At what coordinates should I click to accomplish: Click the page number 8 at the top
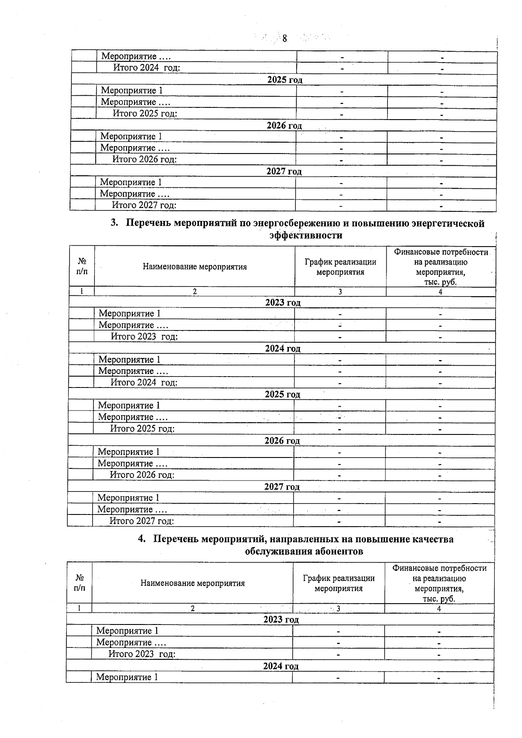pyautogui.click(x=284, y=39)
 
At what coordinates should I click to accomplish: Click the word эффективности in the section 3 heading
pyautogui.click(x=305, y=235)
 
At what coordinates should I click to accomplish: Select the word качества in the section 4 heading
pyautogui.click(x=432, y=539)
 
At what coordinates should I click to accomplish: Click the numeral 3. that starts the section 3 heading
pyautogui.click(x=114, y=223)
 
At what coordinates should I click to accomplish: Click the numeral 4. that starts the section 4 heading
pyautogui.click(x=142, y=539)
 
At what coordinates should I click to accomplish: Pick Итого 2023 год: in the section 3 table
pyautogui.click(x=144, y=337)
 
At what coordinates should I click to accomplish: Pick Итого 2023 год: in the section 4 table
pyautogui.click(x=142, y=654)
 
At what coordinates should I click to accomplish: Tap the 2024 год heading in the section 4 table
pyautogui.click(x=281, y=666)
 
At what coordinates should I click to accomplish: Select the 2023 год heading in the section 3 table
pyautogui.click(x=283, y=303)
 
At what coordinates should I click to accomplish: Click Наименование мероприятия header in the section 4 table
pyautogui.click(x=192, y=584)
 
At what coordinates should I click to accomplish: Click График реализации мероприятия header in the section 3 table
pyautogui.click(x=340, y=267)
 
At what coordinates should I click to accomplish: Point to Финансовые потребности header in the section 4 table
pyautogui.click(x=439, y=568)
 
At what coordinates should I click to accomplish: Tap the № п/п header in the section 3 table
pyautogui.click(x=82, y=266)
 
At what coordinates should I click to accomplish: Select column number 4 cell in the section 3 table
pyautogui.click(x=440, y=292)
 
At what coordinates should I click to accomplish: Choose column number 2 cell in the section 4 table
pyautogui.click(x=192, y=609)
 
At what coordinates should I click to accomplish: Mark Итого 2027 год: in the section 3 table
pyautogui.click(x=141, y=521)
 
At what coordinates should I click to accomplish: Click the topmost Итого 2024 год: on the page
pyautogui.click(x=146, y=68)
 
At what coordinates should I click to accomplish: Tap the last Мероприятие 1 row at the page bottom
pyautogui.click(x=127, y=678)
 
